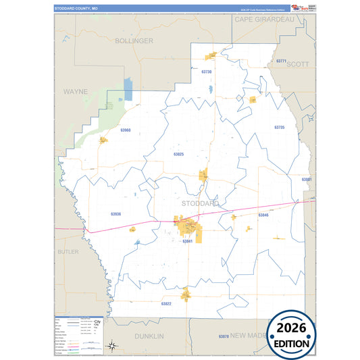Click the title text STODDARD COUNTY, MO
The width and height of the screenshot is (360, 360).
[76, 8]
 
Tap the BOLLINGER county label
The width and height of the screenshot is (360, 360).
[134, 41]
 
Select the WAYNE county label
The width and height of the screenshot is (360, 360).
[76, 91]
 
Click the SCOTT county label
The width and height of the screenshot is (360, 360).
[298, 64]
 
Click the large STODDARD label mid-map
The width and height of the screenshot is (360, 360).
[200, 203]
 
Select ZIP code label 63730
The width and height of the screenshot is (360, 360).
[207, 72]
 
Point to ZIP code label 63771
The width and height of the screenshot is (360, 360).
[282, 61]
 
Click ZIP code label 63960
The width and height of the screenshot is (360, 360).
[126, 129]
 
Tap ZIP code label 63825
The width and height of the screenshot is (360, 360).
[178, 154]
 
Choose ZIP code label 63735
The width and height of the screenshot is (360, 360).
[280, 127]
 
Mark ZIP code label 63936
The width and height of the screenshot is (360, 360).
[115, 214]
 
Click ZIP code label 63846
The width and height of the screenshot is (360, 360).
[263, 215]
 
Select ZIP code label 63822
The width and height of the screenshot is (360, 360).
[166, 304]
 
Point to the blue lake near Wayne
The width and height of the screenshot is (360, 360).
[128, 90]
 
